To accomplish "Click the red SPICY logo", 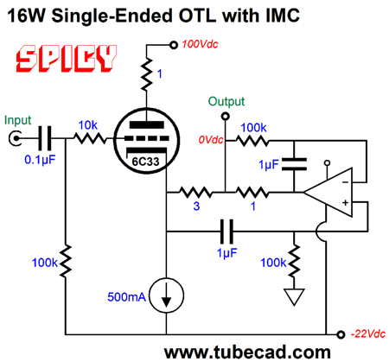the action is pyautogui.click(x=67, y=59).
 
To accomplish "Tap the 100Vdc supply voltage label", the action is pyautogui.click(x=200, y=44).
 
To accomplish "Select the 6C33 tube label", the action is pyautogui.click(x=145, y=162).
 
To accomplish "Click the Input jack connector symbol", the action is pyautogui.click(x=15, y=138).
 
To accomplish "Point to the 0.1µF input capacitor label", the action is pyautogui.click(x=40, y=160).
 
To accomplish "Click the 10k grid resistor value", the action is pyautogui.click(x=88, y=125).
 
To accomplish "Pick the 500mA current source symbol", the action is pyautogui.click(x=167, y=295).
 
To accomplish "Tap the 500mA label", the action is pyautogui.click(x=126, y=297).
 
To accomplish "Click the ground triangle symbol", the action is pyautogui.click(x=294, y=296).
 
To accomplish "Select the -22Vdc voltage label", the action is pyautogui.click(x=368, y=333).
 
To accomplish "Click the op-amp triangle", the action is pyautogui.click(x=328, y=192).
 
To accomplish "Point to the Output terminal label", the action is pyautogui.click(x=226, y=101).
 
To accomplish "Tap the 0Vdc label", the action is pyautogui.click(x=211, y=140).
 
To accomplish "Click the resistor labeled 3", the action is pyautogui.click(x=196, y=192).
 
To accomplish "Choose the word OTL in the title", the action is pyautogui.click(x=197, y=16).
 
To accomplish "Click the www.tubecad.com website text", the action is pyautogui.click(x=247, y=352).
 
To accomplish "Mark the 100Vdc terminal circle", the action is pyautogui.click(x=174, y=45).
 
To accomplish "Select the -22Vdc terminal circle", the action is pyautogui.click(x=341, y=334).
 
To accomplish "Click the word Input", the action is pyautogui.click(x=17, y=120).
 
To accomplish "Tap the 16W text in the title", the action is pyautogui.click(x=27, y=16).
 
